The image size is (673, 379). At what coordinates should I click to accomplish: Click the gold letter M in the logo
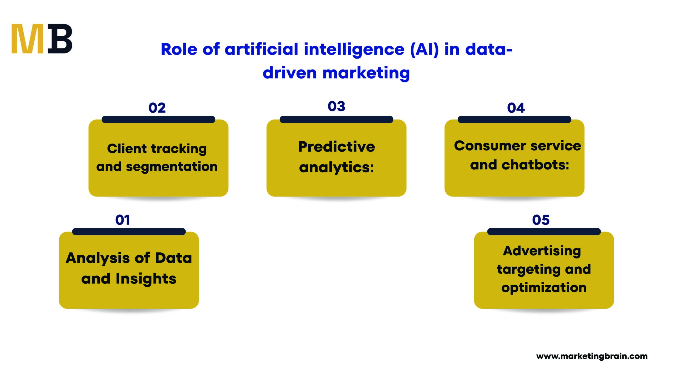coord(27,39)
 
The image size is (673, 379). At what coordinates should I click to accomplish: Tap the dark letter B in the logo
coord(60,39)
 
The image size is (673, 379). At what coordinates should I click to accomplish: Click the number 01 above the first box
coord(123,220)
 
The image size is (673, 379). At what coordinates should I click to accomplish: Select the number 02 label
coord(157,108)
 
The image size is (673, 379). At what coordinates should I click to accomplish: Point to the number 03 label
coord(336,106)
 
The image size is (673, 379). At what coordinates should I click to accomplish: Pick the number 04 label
coord(516,108)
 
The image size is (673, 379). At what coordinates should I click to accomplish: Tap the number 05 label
coord(541,220)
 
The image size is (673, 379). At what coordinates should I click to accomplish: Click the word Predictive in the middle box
coord(336,147)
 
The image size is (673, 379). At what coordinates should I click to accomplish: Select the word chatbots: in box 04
coord(535,165)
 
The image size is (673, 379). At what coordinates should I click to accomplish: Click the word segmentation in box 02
coord(172,167)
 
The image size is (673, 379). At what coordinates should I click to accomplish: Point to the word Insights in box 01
coord(146,279)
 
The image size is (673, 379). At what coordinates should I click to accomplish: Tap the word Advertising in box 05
coord(542,251)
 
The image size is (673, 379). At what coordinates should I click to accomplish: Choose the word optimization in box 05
coord(544,288)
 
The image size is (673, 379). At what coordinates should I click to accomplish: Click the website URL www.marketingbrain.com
coord(592,356)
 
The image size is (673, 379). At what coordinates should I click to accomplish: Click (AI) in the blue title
coord(424,49)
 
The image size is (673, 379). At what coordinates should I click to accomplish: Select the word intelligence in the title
coord(354,50)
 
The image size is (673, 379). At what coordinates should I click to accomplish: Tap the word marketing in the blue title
coord(366,73)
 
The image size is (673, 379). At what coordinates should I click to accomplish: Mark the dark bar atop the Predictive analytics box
coord(336,119)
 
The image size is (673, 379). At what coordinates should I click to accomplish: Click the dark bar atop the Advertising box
coord(544,232)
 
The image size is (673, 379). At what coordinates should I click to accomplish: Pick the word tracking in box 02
coord(179,149)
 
